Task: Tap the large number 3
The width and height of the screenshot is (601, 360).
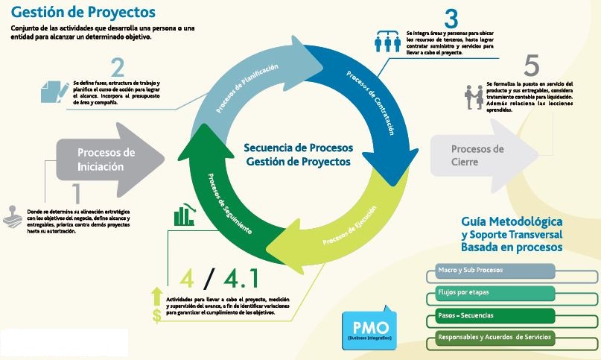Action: pos(451,17)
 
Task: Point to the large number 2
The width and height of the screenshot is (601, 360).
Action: pos(117,68)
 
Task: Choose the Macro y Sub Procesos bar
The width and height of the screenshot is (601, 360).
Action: pos(492,271)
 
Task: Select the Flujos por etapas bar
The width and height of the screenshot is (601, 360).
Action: pos(492,293)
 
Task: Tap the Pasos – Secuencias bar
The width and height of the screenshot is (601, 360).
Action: pos(492,316)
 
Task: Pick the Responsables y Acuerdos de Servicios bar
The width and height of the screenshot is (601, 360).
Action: pos(492,338)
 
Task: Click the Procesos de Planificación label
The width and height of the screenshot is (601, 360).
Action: pos(248,89)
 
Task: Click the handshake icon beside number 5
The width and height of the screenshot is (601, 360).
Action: pos(474,96)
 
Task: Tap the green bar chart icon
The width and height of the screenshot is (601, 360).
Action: pos(184,215)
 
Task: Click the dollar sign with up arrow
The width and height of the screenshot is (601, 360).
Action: pos(157,306)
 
